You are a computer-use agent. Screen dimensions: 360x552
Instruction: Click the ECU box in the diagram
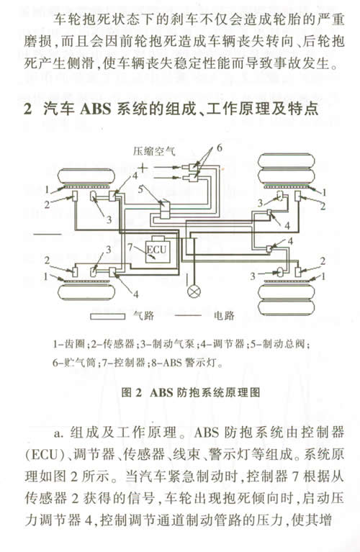[x=158, y=251]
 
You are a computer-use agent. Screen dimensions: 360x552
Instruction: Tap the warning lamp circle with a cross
[x=194, y=291]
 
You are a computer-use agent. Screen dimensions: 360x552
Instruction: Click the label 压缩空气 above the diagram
[x=154, y=151]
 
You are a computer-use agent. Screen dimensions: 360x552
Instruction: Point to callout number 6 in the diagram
[x=220, y=148]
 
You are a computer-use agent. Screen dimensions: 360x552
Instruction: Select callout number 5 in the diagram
[x=140, y=189]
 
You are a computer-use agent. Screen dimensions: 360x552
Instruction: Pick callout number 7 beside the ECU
[x=130, y=247]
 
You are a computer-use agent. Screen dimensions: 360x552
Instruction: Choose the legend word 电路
[x=224, y=315]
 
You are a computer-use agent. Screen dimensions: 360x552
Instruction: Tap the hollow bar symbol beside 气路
[x=108, y=316]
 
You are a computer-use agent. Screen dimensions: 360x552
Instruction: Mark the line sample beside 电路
[x=187, y=315]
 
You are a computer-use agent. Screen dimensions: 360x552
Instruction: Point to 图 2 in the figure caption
[x=131, y=392]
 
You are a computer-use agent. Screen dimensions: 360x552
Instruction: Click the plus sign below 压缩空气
[x=143, y=168]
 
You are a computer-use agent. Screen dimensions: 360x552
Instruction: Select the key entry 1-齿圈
[x=69, y=344]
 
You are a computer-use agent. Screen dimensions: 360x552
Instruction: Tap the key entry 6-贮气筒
[x=74, y=362]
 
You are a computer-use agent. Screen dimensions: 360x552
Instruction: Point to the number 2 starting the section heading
[x=28, y=109]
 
